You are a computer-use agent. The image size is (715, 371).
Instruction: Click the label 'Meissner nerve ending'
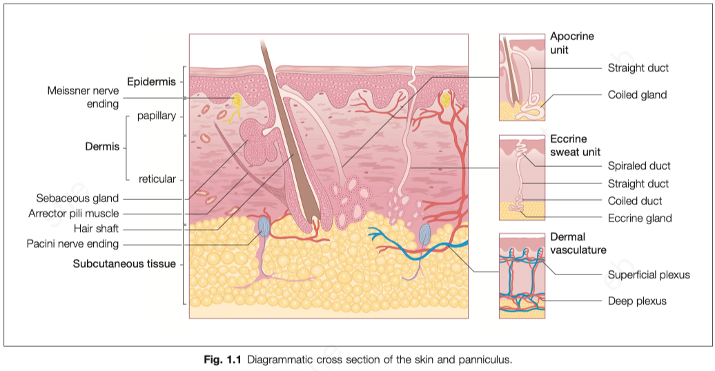pos(83,97)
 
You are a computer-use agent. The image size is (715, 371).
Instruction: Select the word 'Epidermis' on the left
pos(151,83)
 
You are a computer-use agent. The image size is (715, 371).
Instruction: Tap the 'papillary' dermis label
pos(156,116)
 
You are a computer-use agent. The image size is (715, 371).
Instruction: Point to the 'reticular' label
pos(157,179)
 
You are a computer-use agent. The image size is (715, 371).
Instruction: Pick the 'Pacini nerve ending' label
pos(72,243)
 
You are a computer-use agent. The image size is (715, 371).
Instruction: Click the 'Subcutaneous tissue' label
pos(124,263)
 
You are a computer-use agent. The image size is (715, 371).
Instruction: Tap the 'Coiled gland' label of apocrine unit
pos(637,94)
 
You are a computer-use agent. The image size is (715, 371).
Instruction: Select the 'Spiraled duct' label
pos(639,166)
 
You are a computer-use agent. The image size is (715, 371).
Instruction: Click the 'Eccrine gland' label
pos(640,218)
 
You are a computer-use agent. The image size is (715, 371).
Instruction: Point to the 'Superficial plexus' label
pos(649,274)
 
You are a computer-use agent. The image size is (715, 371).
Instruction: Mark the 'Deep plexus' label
pos(637,301)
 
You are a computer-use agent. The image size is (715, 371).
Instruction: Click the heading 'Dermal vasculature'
pos(578,243)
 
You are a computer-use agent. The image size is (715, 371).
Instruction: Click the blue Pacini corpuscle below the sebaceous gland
pos(264,225)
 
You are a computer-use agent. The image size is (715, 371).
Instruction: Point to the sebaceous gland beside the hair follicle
pos(257,141)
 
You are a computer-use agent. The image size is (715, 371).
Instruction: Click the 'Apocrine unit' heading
pos(571,43)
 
